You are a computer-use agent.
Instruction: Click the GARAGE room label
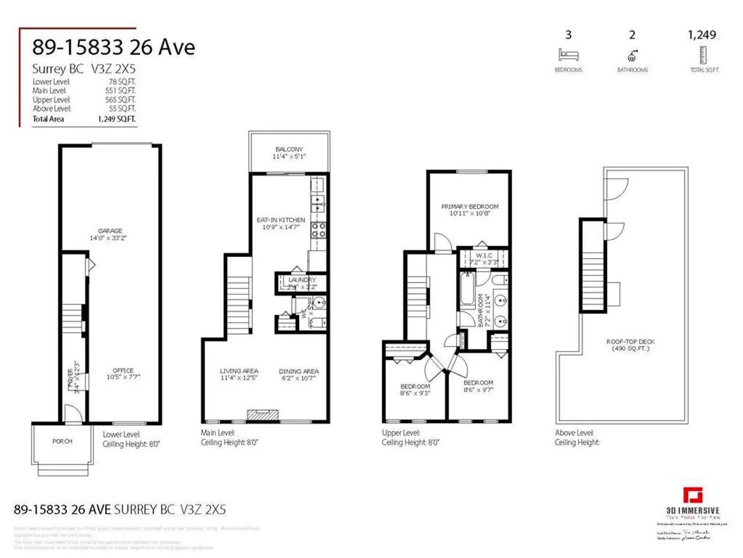110,231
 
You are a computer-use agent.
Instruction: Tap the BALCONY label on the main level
289,150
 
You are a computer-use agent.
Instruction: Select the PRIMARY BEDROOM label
469,207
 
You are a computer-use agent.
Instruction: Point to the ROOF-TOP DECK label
630,342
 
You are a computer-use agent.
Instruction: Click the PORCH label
62,442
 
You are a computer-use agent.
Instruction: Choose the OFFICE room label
123,371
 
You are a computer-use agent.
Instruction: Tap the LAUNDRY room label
302,280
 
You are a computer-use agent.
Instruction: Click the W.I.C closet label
484,256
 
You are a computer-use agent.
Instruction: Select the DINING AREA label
299,371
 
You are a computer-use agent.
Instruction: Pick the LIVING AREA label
239,371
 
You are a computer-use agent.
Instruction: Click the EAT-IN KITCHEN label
281,220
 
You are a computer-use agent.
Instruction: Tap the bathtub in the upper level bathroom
467,289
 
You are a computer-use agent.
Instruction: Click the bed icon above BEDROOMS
568,55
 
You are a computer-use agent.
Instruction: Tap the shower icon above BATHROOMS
632,55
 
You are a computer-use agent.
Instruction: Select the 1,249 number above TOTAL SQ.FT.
702,35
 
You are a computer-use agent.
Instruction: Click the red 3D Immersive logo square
692,496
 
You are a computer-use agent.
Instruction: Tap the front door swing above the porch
73,414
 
